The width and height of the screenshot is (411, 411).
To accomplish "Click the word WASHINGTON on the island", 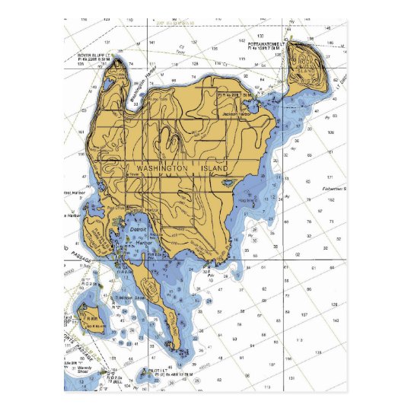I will tap(161, 167).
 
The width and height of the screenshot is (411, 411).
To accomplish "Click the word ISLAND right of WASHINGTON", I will tap(221, 167).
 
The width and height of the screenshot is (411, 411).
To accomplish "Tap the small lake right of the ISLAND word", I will tap(227, 183).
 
